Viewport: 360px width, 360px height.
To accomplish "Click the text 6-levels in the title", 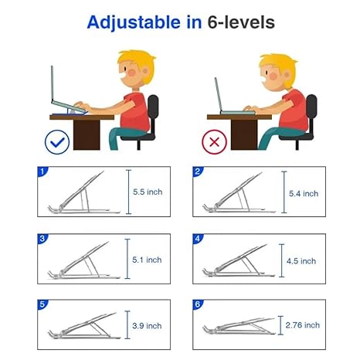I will [241, 22].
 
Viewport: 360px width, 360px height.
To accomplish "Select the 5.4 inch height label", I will [303, 193].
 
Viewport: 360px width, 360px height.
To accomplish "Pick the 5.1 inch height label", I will [147, 260].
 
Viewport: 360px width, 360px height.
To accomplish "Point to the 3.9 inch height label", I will [147, 325].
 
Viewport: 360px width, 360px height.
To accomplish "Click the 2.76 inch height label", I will [301, 325].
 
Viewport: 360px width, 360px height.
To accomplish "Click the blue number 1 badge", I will [43, 171].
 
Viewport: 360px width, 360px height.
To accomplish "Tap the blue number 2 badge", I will [198, 171].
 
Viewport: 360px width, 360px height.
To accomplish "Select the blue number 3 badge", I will [43, 238].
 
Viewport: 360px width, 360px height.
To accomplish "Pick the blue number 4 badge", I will [198, 238].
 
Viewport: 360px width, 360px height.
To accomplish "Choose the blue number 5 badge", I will [43, 304].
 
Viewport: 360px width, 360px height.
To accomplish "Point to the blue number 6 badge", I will [198, 304].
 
